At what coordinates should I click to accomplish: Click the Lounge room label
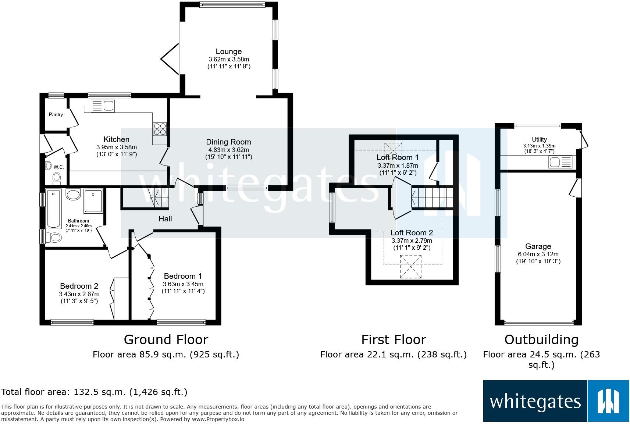pos(229,51)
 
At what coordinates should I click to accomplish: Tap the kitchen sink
pos(103,106)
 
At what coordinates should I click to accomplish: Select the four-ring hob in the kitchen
pos(160,129)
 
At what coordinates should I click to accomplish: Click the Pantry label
pos(56,114)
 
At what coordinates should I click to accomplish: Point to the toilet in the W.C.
pos(57,178)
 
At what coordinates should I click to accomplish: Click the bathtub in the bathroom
pos(54,209)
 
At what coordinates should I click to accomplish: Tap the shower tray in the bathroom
pos(93,201)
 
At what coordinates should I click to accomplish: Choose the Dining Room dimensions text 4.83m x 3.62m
pos(229,150)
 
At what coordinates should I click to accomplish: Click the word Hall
pos(165,219)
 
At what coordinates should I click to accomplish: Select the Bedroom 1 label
pos(183,276)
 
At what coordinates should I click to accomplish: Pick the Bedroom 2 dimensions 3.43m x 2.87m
pos(79,294)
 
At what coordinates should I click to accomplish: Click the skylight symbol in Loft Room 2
pos(411,267)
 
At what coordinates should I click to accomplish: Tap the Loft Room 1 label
pos(398,157)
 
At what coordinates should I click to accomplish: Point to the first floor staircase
pos(432,198)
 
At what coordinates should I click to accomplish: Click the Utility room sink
pos(560,162)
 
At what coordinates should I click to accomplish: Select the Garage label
pos(538,246)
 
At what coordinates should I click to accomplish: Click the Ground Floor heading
pos(166,340)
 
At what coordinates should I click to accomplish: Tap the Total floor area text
pos(94,392)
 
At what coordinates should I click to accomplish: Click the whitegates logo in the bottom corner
pos(556,401)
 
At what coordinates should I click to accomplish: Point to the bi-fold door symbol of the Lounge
pos(170,59)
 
